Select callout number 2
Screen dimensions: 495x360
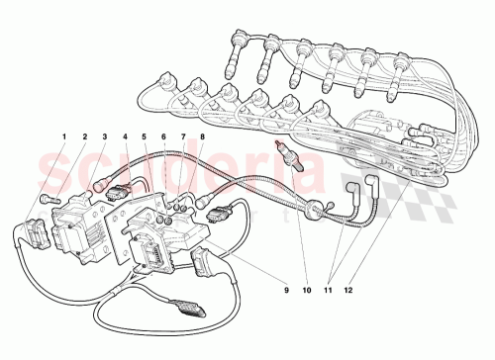tap(84, 136)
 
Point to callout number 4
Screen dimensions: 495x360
tap(125, 136)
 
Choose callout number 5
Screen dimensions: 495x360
tap(145, 136)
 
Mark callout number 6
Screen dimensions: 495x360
tap(164, 136)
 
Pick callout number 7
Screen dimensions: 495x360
tap(183, 136)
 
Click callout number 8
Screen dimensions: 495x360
tap(202, 136)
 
